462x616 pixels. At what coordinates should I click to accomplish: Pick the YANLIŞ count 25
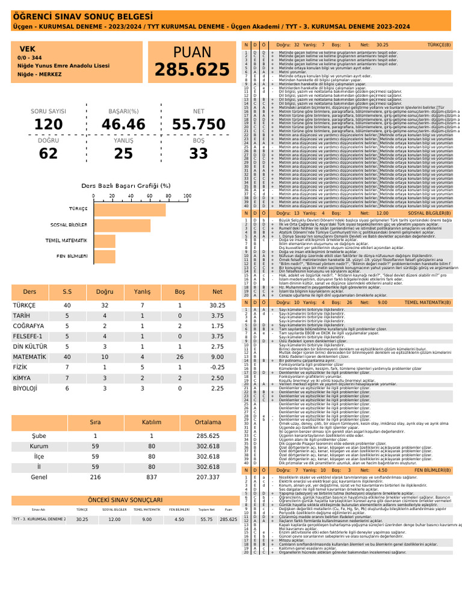coord(124,153)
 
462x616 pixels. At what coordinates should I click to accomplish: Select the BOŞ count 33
coord(199,153)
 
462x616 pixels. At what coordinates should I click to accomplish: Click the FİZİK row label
coord(20,366)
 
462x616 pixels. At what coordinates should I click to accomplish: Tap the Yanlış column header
coord(142,291)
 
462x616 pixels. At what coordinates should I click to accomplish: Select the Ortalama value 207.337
coord(208,477)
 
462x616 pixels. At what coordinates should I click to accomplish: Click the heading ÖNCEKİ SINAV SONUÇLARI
coord(125,500)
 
